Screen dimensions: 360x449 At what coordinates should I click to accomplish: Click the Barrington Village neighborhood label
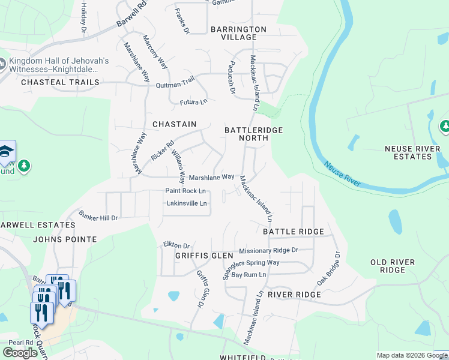[238, 33]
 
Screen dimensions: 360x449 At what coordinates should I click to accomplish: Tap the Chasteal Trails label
[59, 82]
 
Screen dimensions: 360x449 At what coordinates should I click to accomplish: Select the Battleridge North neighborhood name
[253, 134]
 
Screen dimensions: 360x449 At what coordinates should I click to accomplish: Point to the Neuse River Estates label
[408, 152]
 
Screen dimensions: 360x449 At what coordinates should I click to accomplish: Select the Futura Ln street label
[193, 102]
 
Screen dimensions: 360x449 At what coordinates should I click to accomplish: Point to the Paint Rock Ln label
[185, 191]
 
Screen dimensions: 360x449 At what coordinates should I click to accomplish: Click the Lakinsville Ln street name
[187, 203]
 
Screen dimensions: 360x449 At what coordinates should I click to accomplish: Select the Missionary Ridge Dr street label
[268, 250]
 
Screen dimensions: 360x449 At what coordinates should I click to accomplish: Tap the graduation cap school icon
[6, 151]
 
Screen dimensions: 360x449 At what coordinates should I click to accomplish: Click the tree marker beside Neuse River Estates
[445, 126]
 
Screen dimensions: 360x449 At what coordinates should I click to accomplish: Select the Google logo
[20, 353]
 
